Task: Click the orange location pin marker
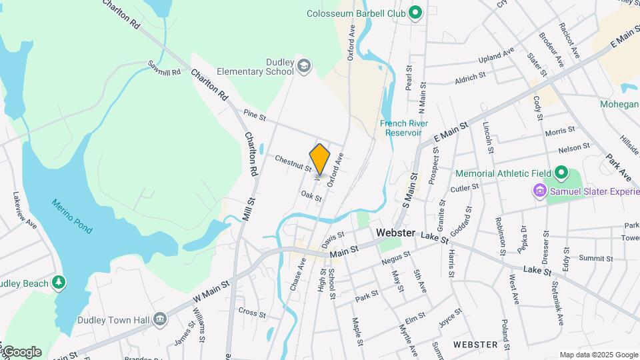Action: click(x=320, y=159)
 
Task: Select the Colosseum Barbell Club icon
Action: click(x=415, y=13)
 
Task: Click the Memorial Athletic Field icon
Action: click(x=561, y=173)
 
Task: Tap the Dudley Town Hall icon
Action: click(x=159, y=319)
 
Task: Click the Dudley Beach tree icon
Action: click(x=59, y=283)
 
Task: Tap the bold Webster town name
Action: click(x=395, y=233)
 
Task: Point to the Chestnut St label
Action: click(x=293, y=163)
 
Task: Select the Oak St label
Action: click(x=311, y=196)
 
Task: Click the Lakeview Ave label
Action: click(x=24, y=211)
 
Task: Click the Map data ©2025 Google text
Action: click(x=597, y=355)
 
